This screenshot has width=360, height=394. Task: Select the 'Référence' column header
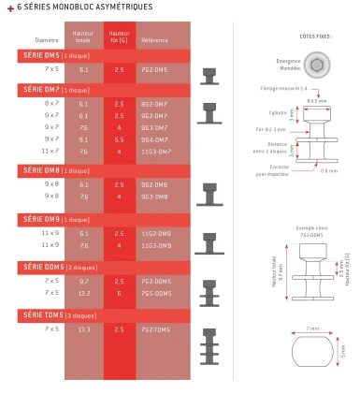tap(154, 40)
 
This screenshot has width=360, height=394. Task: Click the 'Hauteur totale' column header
tap(83, 37)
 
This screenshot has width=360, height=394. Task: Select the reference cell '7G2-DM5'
tap(155, 69)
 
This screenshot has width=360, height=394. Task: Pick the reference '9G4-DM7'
tap(155, 139)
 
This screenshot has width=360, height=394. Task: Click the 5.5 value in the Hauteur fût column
tap(119, 139)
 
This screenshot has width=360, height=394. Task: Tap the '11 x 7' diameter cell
tap(50, 151)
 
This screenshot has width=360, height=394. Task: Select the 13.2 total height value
tap(83, 293)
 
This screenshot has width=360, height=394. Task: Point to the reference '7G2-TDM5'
tap(155, 329)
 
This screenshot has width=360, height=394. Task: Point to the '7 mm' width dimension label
tap(311, 329)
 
